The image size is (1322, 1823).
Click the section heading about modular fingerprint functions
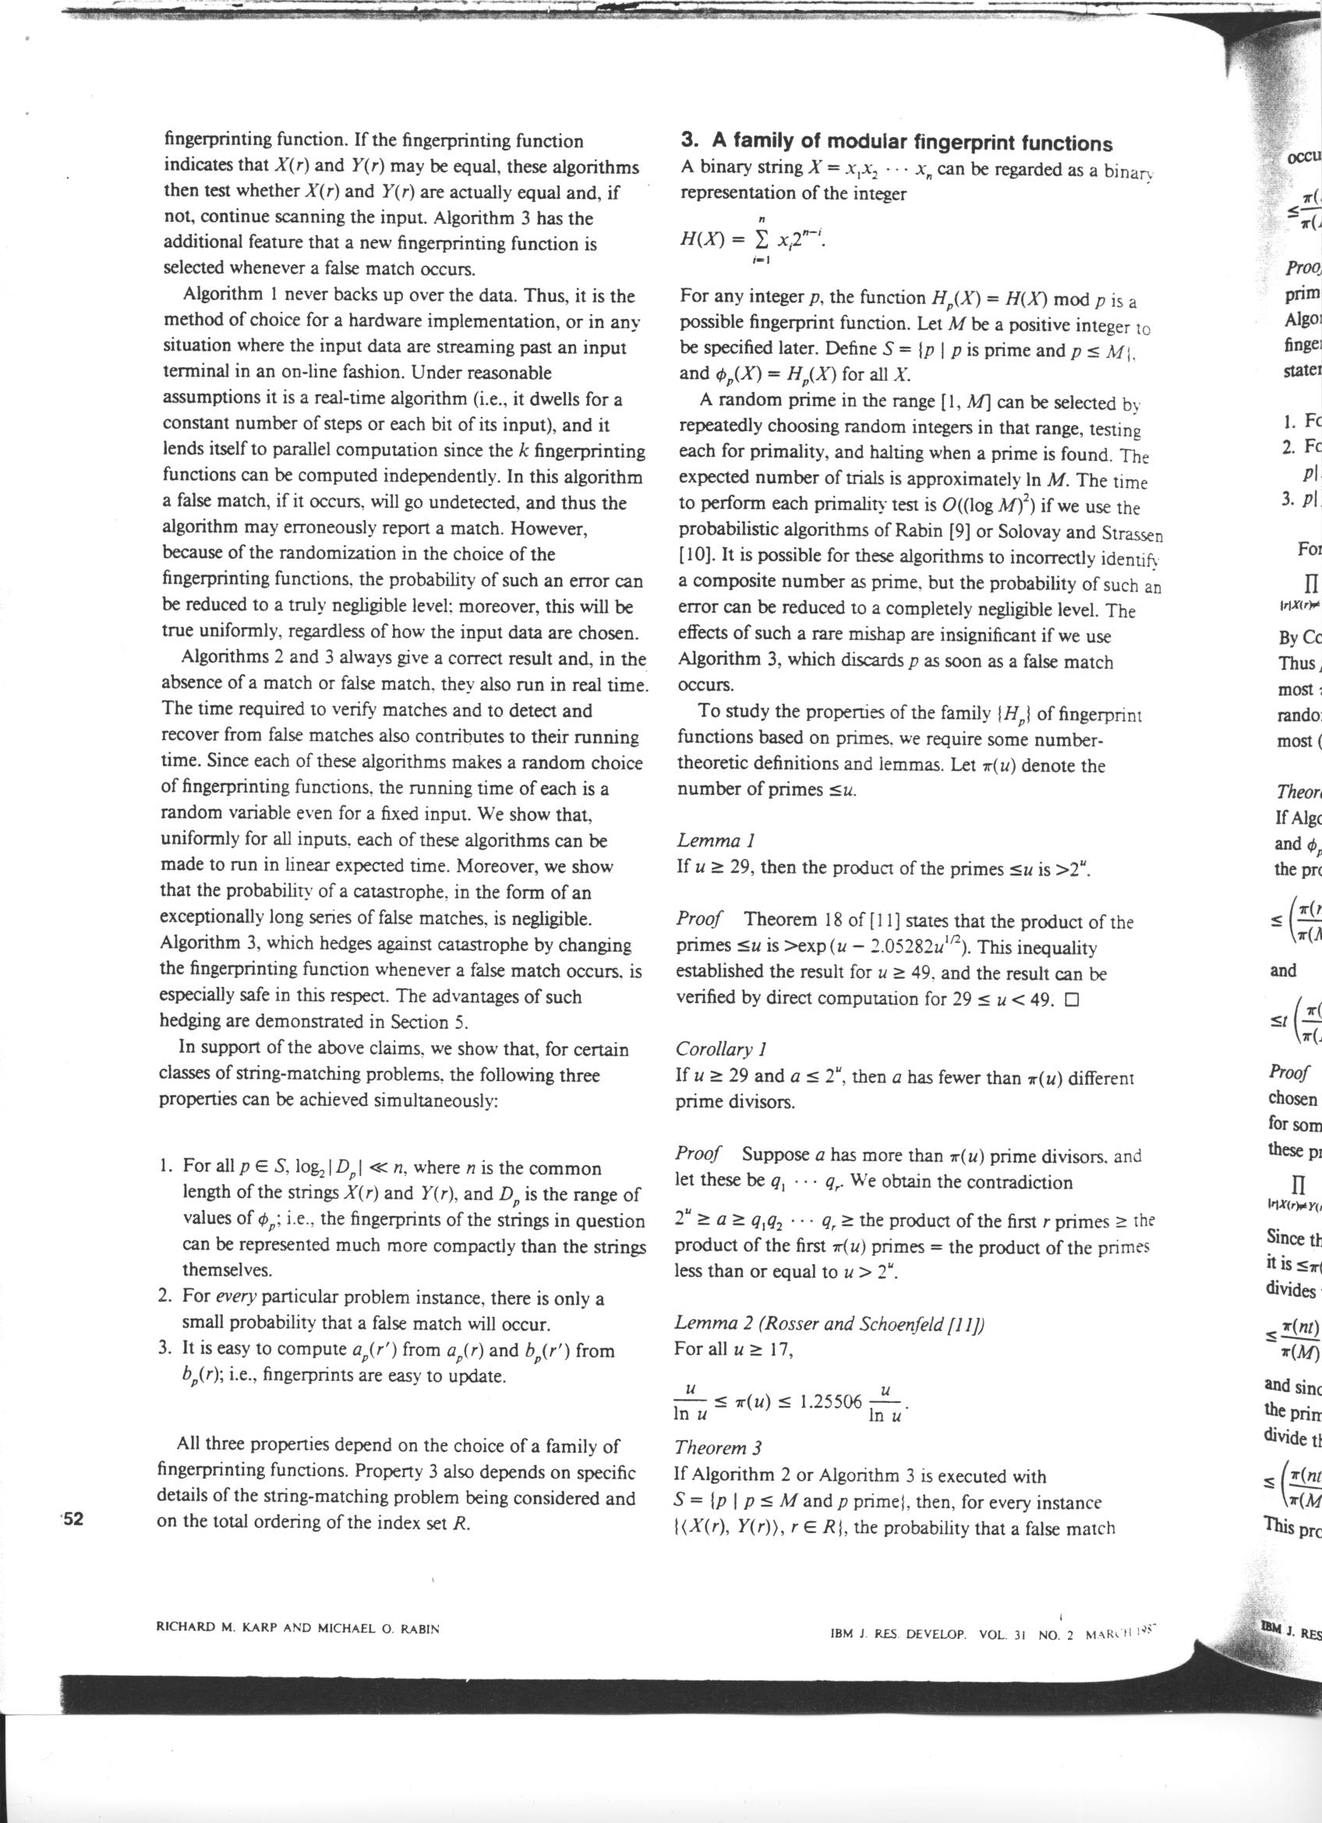point(896,143)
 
